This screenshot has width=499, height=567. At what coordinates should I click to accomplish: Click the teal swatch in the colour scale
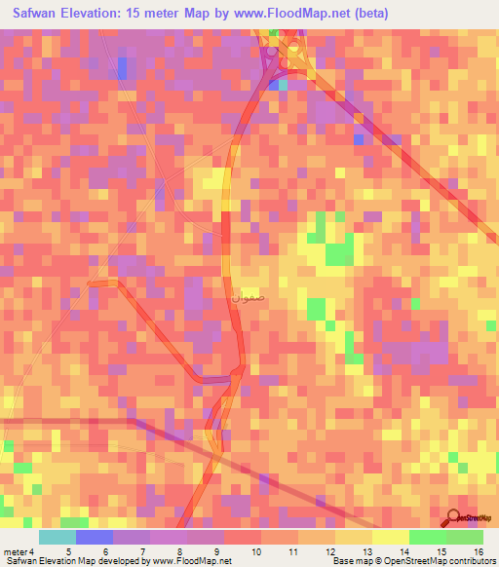click(x=58, y=538)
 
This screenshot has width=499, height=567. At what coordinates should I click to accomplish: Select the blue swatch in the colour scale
click(x=95, y=538)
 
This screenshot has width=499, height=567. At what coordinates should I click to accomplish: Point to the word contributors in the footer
click(x=469, y=560)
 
